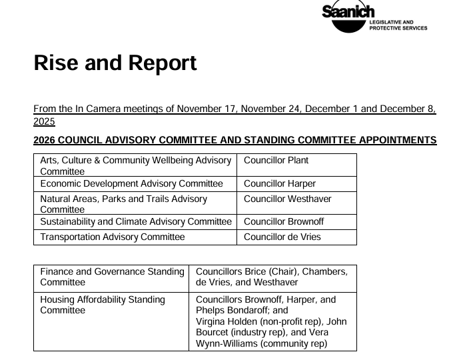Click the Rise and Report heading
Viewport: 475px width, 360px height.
click(x=115, y=63)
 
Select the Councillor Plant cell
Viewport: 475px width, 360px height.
click(x=276, y=161)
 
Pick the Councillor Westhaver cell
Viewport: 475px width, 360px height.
click(x=287, y=199)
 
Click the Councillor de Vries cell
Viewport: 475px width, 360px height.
click(x=282, y=237)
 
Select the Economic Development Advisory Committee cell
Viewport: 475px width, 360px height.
click(x=131, y=184)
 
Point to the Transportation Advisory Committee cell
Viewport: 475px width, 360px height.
click(x=112, y=237)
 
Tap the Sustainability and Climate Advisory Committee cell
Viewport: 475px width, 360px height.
click(x=135, y=221)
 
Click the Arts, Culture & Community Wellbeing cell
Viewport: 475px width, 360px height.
click(x=135, y=165)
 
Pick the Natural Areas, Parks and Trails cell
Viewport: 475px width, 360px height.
click(x=123, y=203)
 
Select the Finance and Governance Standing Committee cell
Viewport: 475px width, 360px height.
click(x=112, y=277)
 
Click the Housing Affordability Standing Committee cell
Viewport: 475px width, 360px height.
click(x=103, y=305)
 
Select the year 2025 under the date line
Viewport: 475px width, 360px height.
click(x=44, y=122)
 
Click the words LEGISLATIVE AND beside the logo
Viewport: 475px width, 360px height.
click(x=392, y=22)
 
